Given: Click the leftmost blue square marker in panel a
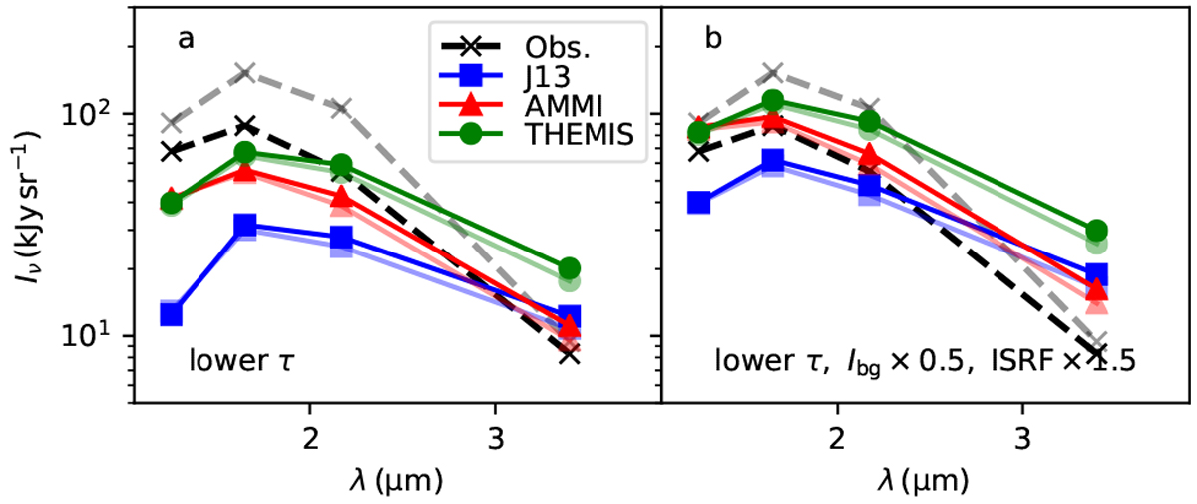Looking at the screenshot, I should tap(171, 314).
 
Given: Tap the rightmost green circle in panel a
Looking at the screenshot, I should tap(570, 269).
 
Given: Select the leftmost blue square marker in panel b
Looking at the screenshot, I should tap(699, 203).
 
